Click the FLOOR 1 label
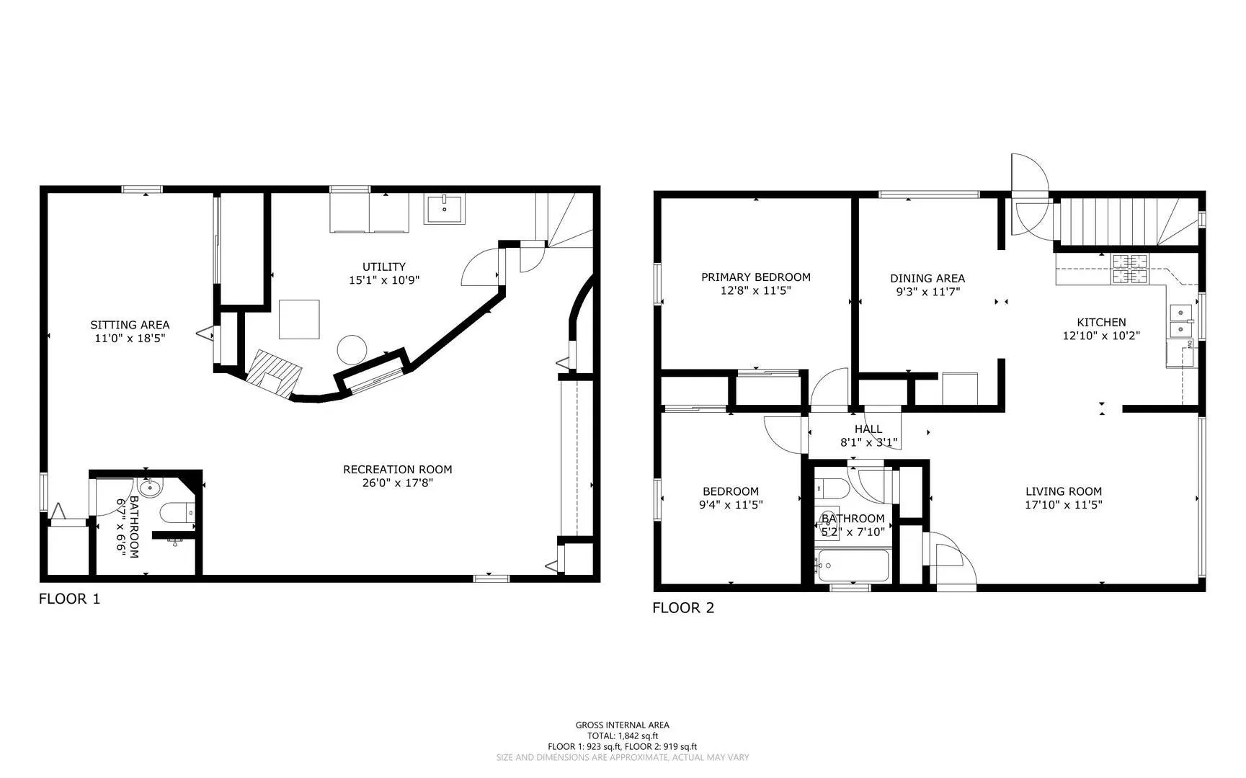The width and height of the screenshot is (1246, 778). (x=69, y=599)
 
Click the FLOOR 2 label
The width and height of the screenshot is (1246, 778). (x=683, y=608)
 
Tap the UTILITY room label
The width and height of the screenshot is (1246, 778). (x=384, y=267)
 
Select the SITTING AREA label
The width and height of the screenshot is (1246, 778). (x=130, y=325)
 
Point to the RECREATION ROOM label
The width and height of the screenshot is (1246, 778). (x=398, y=470)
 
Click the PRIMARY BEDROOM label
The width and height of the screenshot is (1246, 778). (x=756, y=277)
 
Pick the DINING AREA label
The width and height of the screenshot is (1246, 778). (x=927, y=279)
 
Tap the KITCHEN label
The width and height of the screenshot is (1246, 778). (x=1101, y=323)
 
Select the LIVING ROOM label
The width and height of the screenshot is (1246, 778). (x=1064, y=492)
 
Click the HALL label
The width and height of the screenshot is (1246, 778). (x=868, y=429)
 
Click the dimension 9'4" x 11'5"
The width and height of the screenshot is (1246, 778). (x=731, y=505)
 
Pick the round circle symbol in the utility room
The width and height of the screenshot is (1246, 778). (x=352, y=349)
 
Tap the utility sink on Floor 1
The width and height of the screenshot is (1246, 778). (x=445, y=209)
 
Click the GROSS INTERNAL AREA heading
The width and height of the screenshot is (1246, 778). (x=622, y=725)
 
